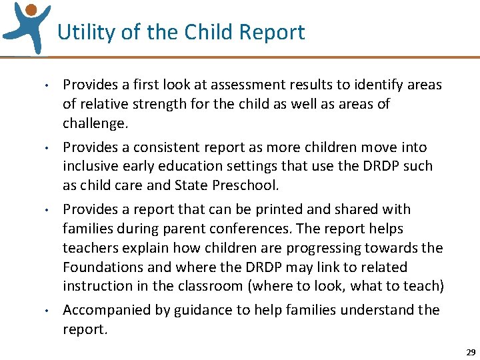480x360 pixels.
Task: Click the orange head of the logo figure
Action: pyautogui.click(x=30, y=9)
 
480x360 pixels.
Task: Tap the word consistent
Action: pyautogui.click(x=163, y=147)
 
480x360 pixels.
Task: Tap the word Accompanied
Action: pyautogui.click(x=105, y=310)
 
